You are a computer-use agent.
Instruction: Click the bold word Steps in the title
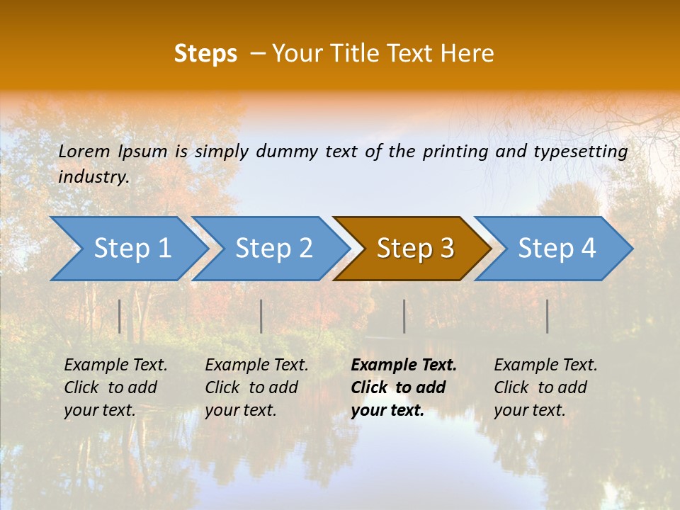point(205,54)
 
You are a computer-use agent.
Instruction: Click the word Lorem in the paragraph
point(85,152)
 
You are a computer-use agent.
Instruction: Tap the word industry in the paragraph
point(93,177)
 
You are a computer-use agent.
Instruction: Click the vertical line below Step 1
point(120,316)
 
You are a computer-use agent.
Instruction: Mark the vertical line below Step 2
point(261,316)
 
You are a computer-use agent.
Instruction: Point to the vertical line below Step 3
point(404,316)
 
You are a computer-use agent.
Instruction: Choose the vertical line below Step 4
point(548,316)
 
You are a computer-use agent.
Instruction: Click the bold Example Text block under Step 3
point(403,387)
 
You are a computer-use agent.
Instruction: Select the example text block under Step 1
point(115,387)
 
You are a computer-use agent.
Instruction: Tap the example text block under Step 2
point(256,387)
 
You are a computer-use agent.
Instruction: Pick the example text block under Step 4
point(545,387)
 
